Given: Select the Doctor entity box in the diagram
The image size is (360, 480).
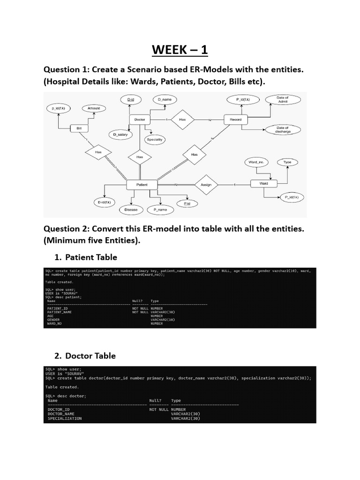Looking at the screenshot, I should coord(140,120).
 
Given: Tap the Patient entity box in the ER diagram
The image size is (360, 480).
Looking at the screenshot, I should coord(142,185).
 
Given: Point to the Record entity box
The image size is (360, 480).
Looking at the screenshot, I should coord(235,120).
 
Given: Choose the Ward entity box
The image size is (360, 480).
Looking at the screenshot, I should coord(263,183).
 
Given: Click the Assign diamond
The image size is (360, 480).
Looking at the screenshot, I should coord(206,184).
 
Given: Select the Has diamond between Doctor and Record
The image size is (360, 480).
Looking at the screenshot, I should coord(182,120).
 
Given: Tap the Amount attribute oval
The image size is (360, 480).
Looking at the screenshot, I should coord(94,108).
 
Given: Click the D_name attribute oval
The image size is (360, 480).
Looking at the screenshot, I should coord(165,100).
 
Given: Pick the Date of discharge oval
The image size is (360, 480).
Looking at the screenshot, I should coord(283,130).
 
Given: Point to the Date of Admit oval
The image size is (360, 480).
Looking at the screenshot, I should coord(283,99).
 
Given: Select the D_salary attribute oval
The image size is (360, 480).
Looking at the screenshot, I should coord(120,135).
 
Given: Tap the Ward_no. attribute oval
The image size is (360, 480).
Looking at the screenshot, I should coord(255,162).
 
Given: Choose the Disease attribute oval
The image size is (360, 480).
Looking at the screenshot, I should coord(131,210).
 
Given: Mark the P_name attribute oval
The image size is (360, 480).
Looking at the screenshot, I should coord(160,210).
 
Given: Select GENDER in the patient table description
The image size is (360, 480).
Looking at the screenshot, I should coord(53,320).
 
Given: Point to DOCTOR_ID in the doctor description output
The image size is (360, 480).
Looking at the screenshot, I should coord(59,409).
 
